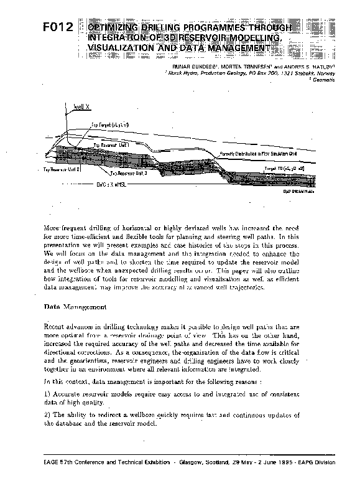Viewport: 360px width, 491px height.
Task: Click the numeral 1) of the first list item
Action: [47, 395]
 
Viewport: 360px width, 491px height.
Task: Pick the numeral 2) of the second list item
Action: [47, 414]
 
